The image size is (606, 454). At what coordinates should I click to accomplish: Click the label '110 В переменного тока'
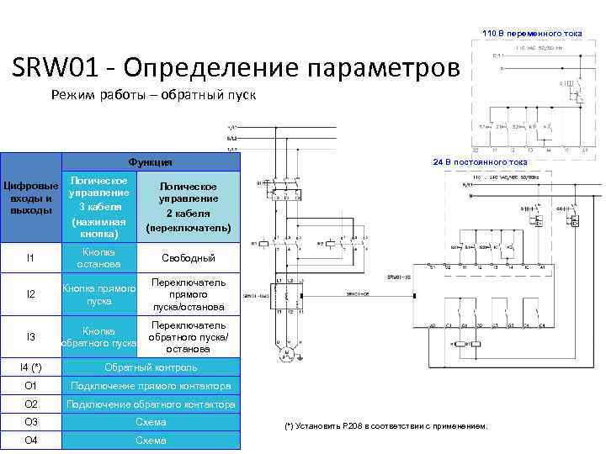[531, 33]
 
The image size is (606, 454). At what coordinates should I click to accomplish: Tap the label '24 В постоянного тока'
[480, 161]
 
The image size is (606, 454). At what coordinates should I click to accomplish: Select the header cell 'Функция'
[150, 162]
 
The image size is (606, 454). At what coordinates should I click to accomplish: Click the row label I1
[31, 257]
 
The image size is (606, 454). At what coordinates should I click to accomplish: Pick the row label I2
[31, 294]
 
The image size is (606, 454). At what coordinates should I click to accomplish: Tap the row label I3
[31, 337]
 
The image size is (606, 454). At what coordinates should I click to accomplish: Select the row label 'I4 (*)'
[31, 367]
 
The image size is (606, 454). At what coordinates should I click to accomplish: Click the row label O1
[31, 386]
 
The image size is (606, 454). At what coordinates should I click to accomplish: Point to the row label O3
[31, 422]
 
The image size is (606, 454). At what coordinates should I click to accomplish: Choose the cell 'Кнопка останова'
[98, 257]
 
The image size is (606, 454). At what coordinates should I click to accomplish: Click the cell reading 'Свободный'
[189, 258]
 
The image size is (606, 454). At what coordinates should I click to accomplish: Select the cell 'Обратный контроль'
[151, 367]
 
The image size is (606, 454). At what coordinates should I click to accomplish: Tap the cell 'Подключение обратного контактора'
[151, 404]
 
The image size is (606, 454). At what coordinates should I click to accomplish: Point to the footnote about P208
[386, 426]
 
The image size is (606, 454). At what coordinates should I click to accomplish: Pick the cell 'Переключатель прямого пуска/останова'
[189, 294]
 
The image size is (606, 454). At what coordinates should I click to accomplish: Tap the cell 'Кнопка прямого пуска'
[98, 294]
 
